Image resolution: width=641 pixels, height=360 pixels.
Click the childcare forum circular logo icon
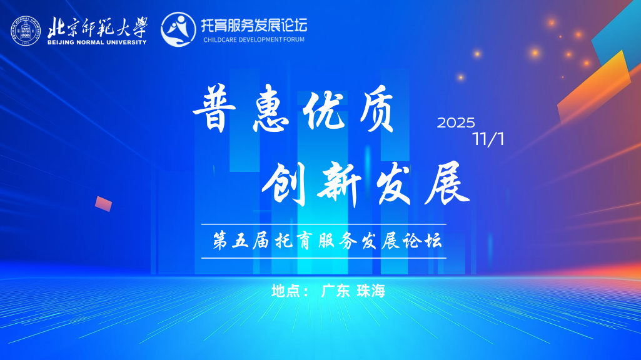(178, 29)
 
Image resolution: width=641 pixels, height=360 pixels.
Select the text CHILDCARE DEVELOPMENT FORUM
(254, 39)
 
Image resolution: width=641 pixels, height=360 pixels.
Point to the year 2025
(456, 123)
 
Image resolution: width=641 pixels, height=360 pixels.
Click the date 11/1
(488, 139)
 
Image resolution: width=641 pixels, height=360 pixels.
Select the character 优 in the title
(321, 111)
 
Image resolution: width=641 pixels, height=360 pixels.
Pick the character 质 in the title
(373, 111)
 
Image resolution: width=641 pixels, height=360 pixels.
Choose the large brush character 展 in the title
(446, 182)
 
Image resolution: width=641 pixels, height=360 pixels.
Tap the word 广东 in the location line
(335, 291)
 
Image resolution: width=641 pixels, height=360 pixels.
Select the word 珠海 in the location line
(371, 291)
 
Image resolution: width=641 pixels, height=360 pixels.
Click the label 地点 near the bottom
(286, 291)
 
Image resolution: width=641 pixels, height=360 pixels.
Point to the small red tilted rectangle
(103, 204)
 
